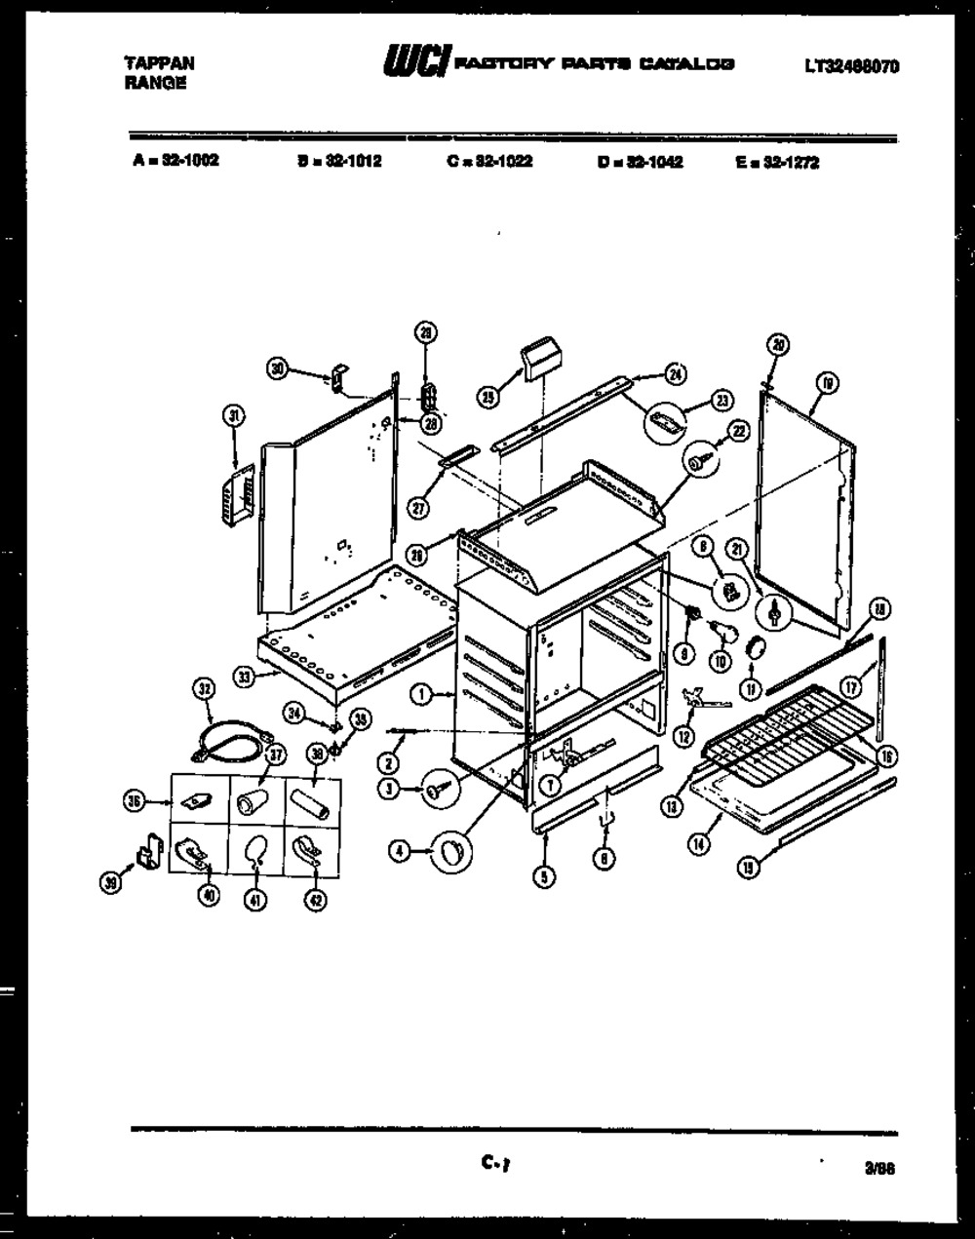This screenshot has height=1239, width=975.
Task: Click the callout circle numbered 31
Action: [233, 416]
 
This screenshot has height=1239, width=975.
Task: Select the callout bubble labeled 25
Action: [489, 395]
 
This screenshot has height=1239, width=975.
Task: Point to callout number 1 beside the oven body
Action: [421, 694]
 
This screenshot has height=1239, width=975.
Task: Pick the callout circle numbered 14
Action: [699, 845]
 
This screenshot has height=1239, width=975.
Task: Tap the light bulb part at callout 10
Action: [722, 633]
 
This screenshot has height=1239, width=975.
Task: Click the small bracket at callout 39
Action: [148, 854]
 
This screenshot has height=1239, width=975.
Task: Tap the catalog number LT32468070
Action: [851, 66]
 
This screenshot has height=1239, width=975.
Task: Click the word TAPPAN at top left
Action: [159, 62]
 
